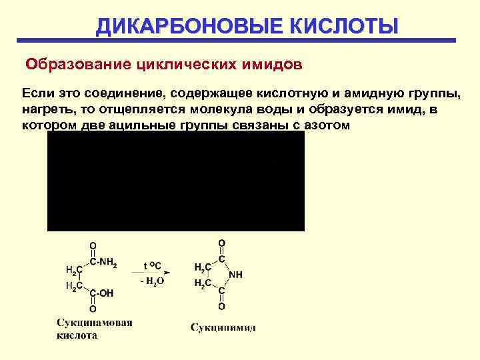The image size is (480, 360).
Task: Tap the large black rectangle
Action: coord(175,180)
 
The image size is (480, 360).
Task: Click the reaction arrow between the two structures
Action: coord(156,271)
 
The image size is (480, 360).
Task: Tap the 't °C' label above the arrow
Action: coord(153,263)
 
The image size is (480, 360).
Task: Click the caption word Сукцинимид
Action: coord(223,327)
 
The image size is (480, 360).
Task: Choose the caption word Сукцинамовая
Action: coord(94,323)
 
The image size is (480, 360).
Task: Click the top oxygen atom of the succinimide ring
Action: coord(222,243)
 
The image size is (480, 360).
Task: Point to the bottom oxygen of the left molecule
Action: coord(93,309)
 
